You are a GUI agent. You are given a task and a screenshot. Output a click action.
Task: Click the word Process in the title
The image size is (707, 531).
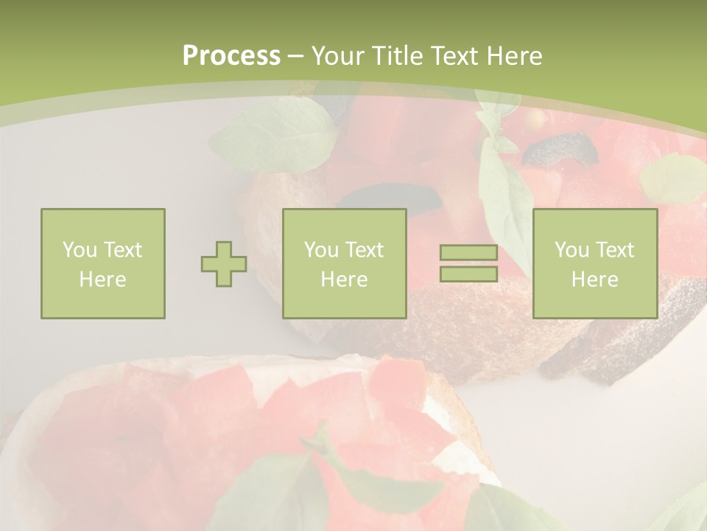(231, 56)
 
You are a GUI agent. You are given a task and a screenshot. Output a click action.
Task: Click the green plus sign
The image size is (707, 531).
(224, 264)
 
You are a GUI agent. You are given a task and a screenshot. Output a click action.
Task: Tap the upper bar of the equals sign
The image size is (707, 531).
(468, 253)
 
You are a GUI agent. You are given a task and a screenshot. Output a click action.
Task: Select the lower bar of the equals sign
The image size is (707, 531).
(468, 274)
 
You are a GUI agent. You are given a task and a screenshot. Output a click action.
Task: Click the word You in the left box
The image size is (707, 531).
(80, 250)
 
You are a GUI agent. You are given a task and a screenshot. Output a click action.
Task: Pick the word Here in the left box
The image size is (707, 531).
(102, 280)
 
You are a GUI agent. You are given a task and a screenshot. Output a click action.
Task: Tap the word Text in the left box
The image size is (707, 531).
(122, 250)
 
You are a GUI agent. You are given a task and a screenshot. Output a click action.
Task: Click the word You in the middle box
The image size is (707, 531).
(321, 250)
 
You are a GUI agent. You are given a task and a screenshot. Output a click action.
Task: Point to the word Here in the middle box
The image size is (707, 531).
(344, 280)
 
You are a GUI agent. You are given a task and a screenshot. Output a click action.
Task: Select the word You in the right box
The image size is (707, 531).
(571, 250)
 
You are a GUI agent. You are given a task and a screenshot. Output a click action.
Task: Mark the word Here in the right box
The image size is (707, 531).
(594, 280)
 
